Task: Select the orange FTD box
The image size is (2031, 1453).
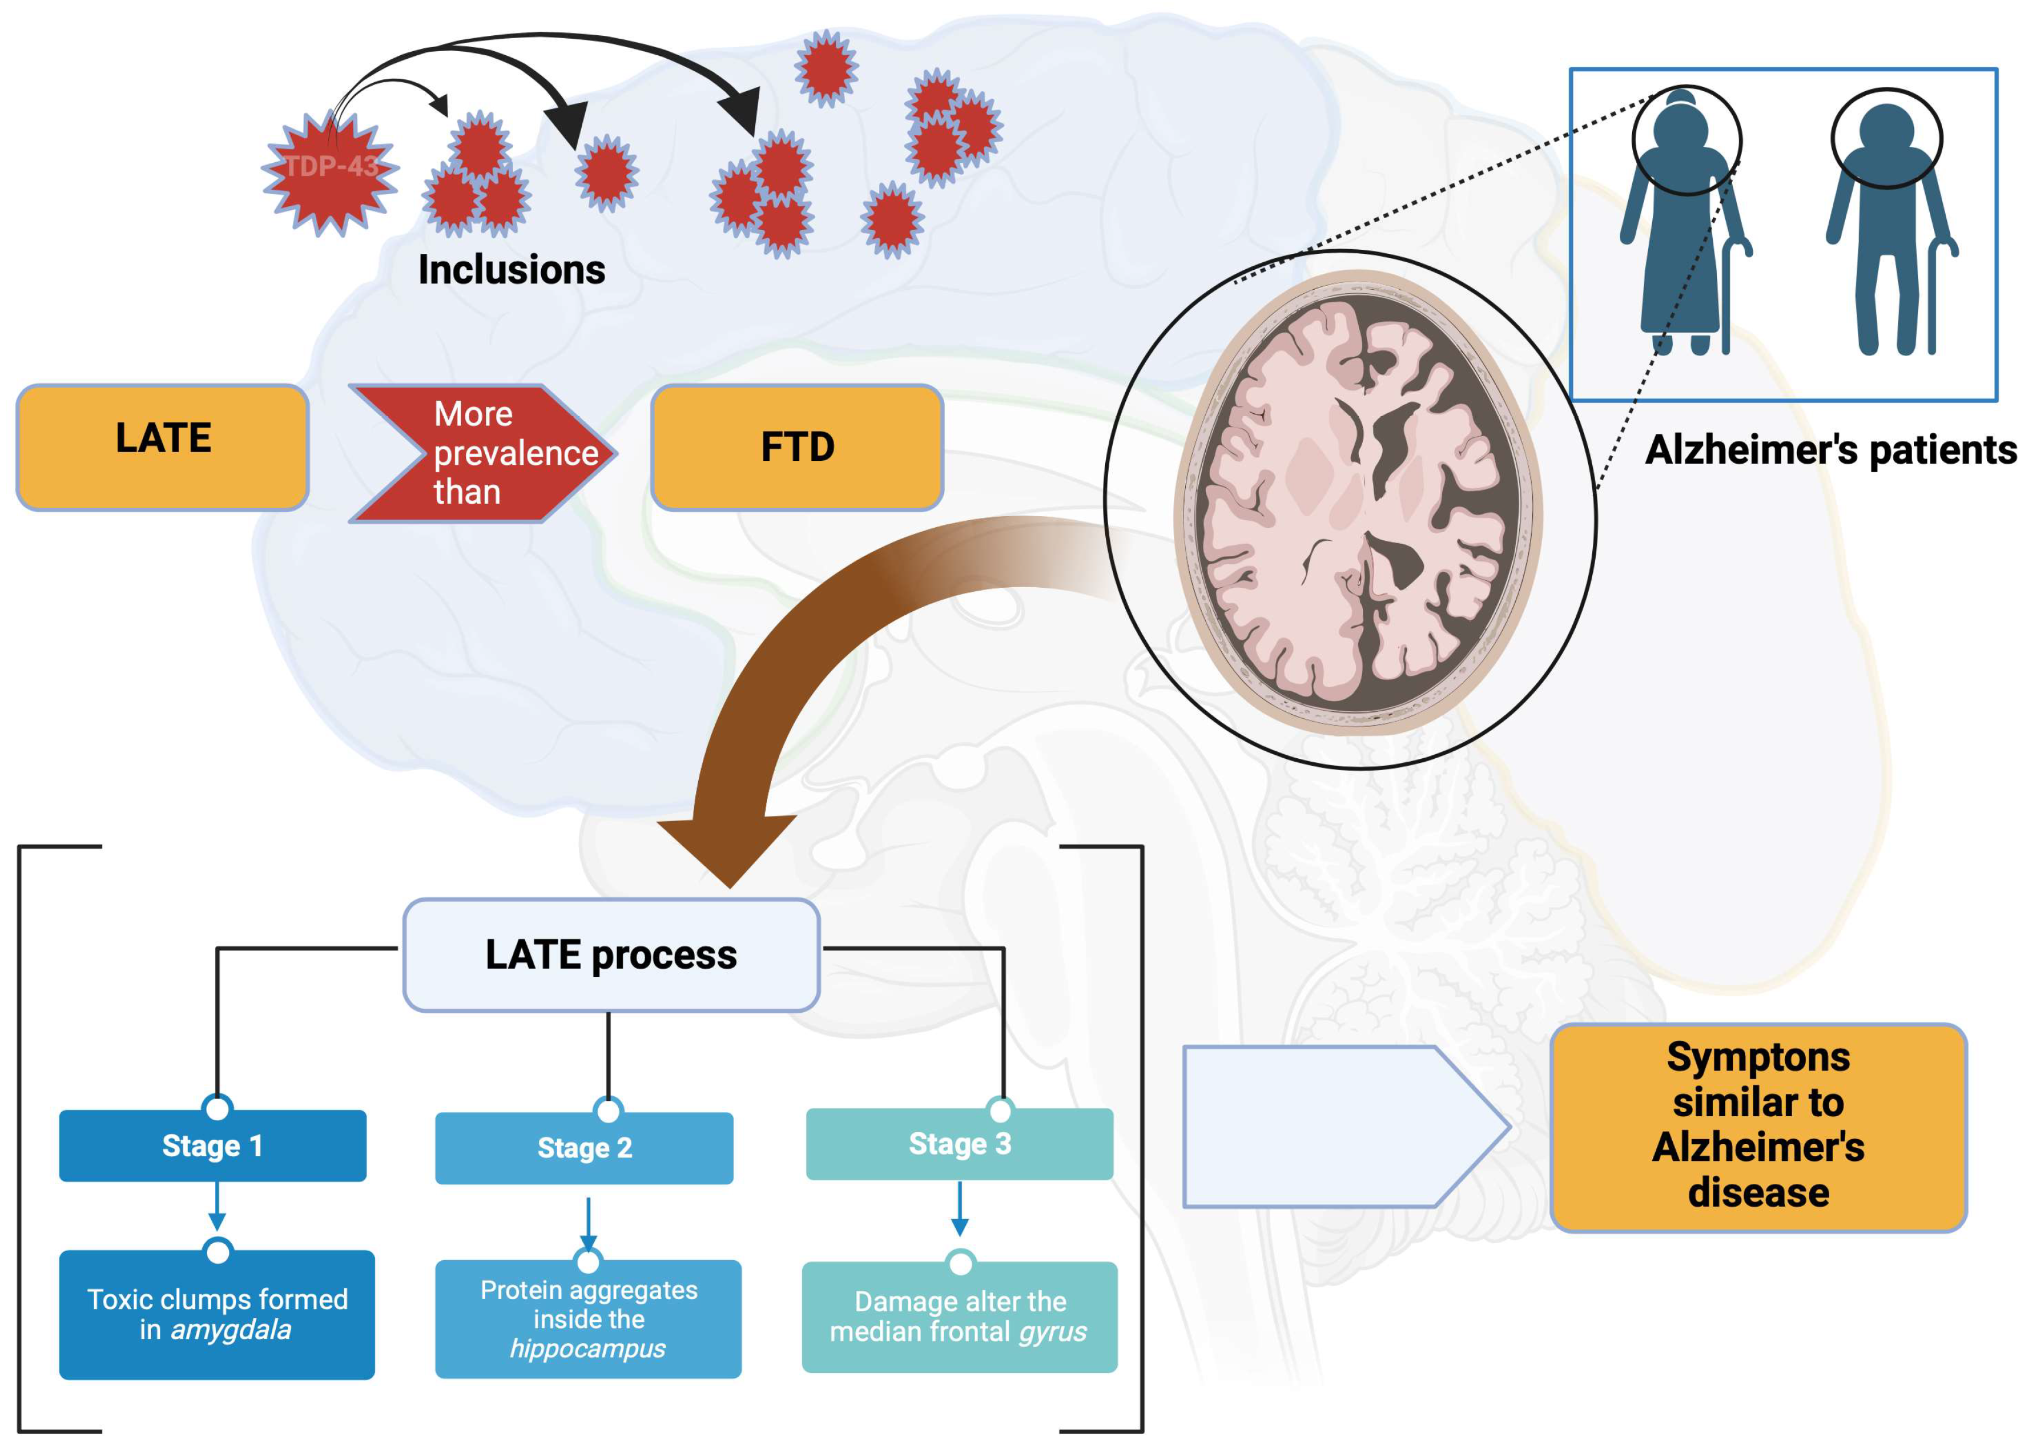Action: (796, 447)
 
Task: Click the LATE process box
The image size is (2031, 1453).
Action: (611, 955)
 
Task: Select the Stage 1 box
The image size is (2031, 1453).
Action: (212, 1146)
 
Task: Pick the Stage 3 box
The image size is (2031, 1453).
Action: (959, 1144)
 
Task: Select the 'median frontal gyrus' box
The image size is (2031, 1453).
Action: (959, 1317)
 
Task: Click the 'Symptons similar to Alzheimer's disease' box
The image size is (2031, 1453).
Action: (1757, 1126)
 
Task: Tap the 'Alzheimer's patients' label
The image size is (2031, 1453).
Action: (1830, 450)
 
